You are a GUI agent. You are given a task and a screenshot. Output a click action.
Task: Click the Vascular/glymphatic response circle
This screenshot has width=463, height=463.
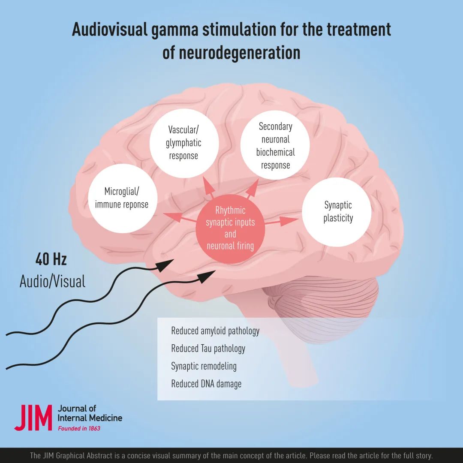point(184,143)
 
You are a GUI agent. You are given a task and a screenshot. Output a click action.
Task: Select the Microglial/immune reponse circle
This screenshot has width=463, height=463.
point(123,198)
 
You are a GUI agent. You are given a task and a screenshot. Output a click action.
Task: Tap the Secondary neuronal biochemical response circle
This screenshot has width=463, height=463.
point(275,145)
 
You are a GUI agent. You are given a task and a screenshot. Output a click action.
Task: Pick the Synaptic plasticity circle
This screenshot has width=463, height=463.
point(337,212)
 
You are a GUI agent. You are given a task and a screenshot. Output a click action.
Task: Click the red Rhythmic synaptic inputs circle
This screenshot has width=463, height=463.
point(230,228)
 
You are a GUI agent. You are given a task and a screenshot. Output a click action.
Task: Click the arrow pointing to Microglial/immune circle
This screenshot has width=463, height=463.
point(180,218)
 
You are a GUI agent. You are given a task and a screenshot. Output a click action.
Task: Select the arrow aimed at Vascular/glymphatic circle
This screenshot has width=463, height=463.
point(209,187)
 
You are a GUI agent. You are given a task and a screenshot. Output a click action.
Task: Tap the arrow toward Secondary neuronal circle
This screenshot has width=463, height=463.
point(253,188)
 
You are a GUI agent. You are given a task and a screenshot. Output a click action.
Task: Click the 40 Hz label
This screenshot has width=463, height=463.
point(51,259)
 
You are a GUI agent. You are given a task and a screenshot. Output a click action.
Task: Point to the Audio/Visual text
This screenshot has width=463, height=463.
point(53,281)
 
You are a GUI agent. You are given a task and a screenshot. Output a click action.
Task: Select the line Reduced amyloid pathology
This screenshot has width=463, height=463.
point(215,331)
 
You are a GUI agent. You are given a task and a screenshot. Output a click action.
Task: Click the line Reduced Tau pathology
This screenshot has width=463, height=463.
point(208,349)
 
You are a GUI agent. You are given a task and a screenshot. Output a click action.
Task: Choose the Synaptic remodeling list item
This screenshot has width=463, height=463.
point(204,367)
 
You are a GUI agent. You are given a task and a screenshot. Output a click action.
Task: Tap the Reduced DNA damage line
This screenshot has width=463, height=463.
point(206,384)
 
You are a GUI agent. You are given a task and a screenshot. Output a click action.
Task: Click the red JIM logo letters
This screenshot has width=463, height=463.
point(33,418)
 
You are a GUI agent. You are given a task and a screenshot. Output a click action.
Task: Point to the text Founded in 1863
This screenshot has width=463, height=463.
point(79,428)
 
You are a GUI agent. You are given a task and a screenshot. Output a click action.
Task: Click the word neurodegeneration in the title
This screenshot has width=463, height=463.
point(231,53)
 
